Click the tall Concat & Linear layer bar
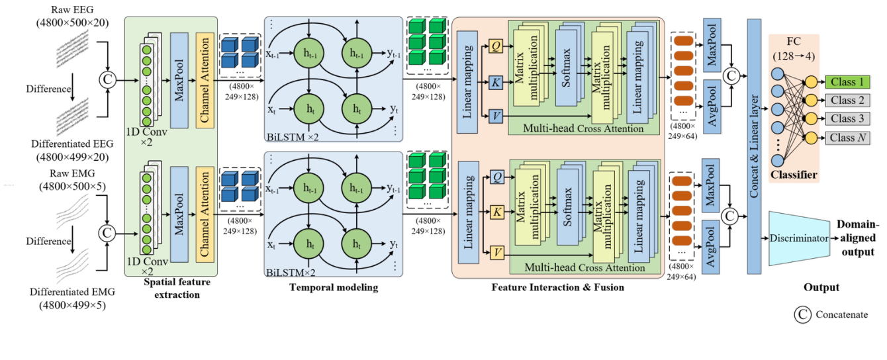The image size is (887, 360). pyautogui.click(x=753, y=146)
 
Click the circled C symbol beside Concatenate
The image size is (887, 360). pyautogui.click(x=803, y=315)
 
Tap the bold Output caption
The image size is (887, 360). pyautogui.click(x=821, y=287)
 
